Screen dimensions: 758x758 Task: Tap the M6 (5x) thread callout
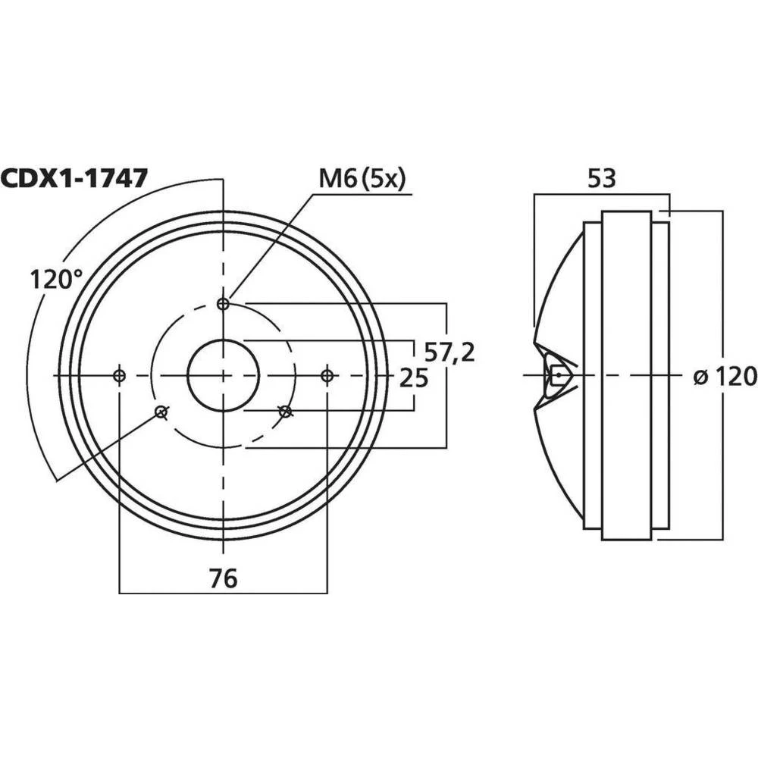(362, 179)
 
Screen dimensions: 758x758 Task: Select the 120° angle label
(56, 279)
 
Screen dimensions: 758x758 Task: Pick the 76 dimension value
(223, 578)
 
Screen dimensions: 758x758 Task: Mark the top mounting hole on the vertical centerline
(223, 304)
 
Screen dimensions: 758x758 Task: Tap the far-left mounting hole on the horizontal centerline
(119, 375)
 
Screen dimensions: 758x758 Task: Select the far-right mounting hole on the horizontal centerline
(327, 375)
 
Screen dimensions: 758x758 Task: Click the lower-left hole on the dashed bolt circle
(161, 412)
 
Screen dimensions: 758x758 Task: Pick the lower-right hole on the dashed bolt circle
(285, 412)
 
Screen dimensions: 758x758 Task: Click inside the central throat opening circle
(223, 375)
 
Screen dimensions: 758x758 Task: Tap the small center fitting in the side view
(558, 375)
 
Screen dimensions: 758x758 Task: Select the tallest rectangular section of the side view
(626, 455)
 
